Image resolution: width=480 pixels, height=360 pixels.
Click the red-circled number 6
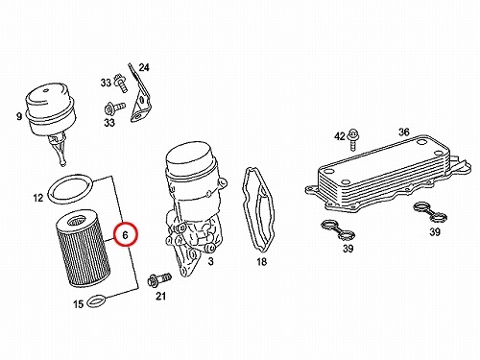pos(125,235)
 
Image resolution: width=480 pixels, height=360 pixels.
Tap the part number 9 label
pos(19,116)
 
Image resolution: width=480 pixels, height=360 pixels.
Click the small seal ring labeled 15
pos(96,300)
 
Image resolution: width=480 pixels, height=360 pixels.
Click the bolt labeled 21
pos(159,279)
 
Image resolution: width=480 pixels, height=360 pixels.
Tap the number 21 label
pos(160,296)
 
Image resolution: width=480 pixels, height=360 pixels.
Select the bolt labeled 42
pos(353,139)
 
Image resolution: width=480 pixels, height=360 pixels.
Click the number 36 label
pos(404,132)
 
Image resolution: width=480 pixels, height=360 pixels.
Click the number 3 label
pos(210,261)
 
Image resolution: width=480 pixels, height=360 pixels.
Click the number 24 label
pos(144,67)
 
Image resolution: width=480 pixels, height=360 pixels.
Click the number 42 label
pos(340,136)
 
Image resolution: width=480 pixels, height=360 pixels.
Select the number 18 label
pos(261,262)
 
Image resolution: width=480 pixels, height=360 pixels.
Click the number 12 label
pos(38,198)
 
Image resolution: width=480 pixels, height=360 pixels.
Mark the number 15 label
pos(79,304)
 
